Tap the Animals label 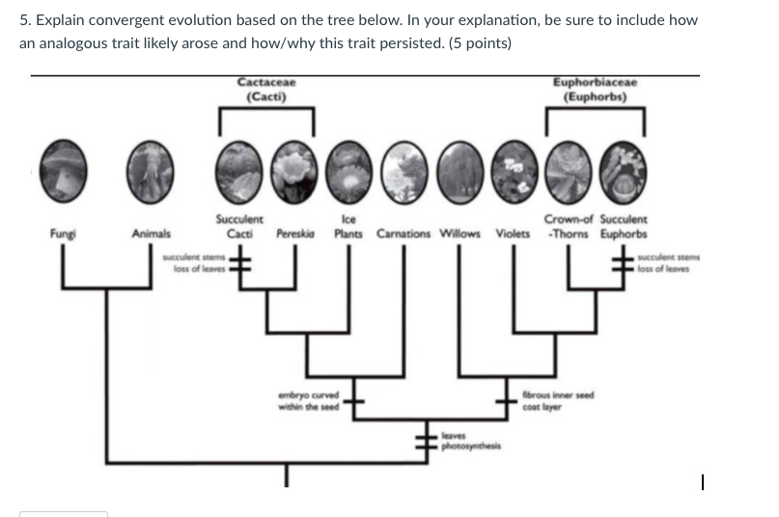(x=152, y=233)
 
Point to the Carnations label (x=404, y=233)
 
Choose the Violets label (x=513, y=233)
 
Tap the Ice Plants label (x=348, y=228)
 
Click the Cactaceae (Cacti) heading (x=266, y=90)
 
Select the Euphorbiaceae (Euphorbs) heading (x=595, y=90)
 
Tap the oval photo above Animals (x=152, y=164)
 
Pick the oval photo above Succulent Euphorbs (x=623, y=165)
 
